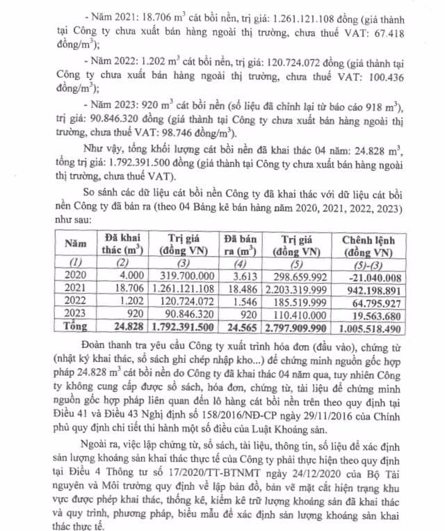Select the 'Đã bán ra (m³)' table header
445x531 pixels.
pos(239,244)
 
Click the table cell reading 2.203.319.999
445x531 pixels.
pos(301,287)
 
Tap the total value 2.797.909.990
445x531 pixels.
pos(300,326)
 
